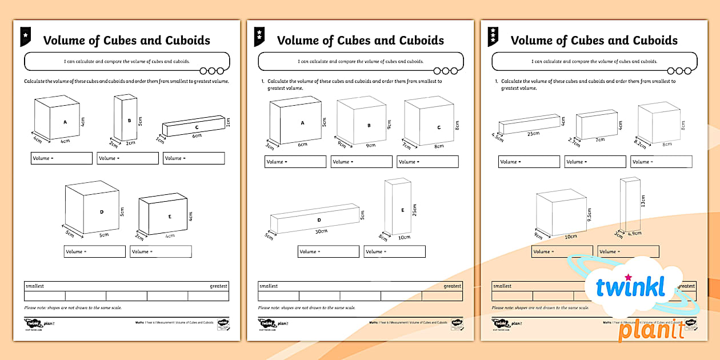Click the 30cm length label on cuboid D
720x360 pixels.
[x=322, y=231]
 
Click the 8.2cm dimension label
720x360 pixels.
[x=641, y=143]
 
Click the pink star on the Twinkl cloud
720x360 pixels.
[x=629, y=278]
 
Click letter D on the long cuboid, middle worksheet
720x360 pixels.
[x=319, y=220]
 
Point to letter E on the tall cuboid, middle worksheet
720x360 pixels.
[x=402, y=210]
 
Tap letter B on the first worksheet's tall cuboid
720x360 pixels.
[x=129, y=121]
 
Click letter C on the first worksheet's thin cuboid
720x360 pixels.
[x=197, y=127]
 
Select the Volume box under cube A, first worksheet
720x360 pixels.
[x=61, y=158]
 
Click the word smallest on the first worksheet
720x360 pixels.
[x=34, y=286]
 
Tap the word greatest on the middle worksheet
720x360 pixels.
[x=452, y=286]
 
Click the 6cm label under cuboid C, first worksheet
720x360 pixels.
[x=196, y=136]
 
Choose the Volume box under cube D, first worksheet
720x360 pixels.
[x=94, y=251]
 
